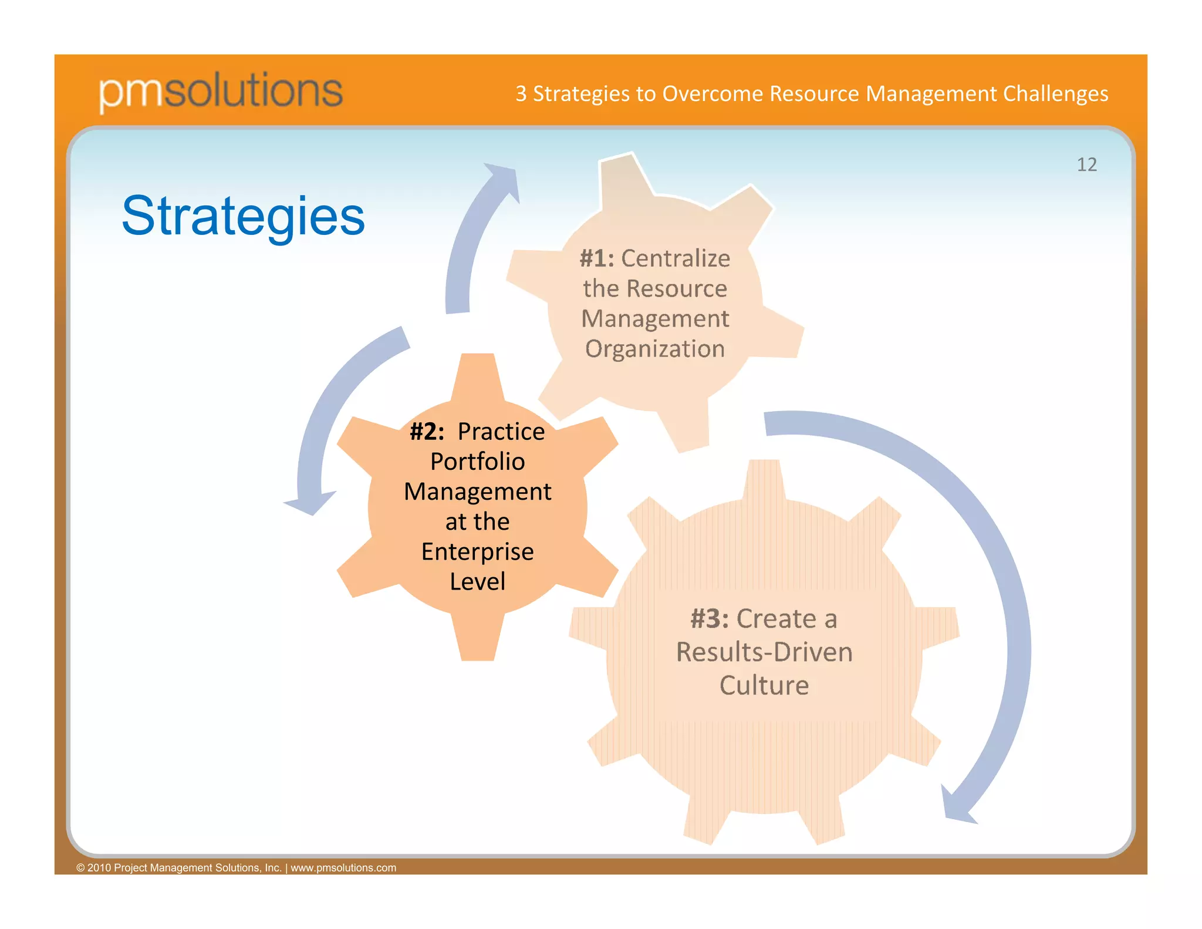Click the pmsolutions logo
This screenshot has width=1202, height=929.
coord(221,91)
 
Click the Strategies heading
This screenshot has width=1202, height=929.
coord(243,216)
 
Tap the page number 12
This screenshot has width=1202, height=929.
coord(1086,165)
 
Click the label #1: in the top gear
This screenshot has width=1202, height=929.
coord(596,258)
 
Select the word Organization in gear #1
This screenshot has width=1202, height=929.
coord(655,349)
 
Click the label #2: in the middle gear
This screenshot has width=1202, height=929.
coord(427,432)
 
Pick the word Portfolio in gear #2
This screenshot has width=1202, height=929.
coord(477,462)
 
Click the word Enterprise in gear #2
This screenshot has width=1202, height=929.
coord(477,551)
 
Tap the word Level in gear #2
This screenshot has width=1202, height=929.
coord(477,581)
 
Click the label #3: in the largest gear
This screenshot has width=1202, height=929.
coord(709,619)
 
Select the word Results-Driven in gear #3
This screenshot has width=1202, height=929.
coord(764,652)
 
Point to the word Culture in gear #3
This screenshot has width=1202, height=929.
coord(764,685)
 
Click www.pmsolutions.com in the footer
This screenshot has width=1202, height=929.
coord(343,868)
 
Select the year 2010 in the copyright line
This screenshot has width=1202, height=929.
coord(99,868)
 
